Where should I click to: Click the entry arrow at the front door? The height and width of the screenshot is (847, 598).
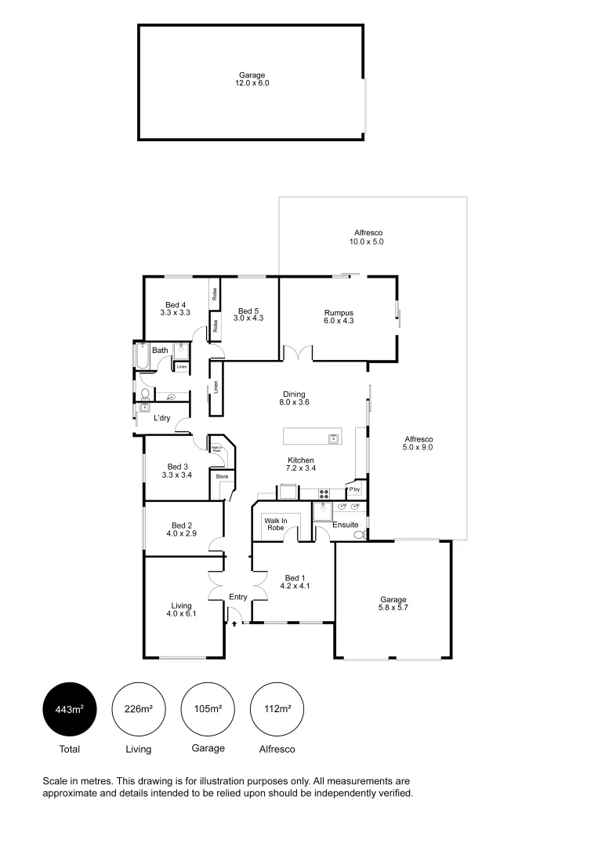pos(234,623)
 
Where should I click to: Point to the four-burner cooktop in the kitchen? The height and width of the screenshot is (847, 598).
pos(323,493)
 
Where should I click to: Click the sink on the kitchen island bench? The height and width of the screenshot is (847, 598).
pos(334,436)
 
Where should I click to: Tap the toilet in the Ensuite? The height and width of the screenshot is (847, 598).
pos(359,535)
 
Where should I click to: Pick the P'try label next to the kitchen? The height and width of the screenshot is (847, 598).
pos(355,490)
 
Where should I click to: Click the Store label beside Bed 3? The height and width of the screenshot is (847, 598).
pos(222,476)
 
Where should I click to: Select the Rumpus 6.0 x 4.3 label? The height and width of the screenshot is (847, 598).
pos(339,317)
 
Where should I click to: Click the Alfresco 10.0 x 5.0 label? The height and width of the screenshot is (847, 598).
pos(366,238)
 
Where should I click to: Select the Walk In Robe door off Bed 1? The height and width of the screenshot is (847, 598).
pos(291,535)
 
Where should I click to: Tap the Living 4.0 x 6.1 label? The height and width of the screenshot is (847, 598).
pos(182,609)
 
